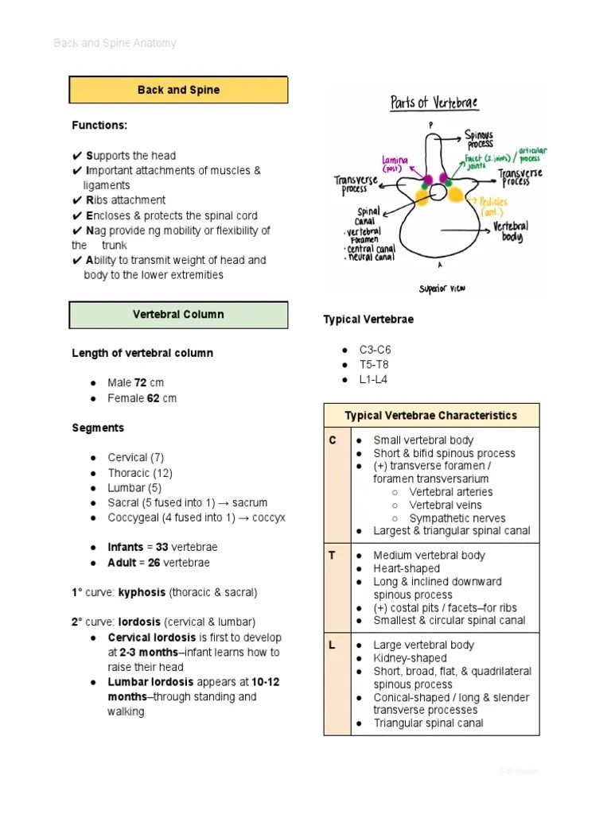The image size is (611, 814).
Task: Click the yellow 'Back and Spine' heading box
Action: pyautogui.click(x=178, y=90)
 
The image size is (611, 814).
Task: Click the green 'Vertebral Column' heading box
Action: pyautogui.click(x=178, y=314)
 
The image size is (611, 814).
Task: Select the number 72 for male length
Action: pyautogui.click(x=141, y=383)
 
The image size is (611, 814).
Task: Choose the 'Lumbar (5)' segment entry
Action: pyautogui.click(x=134, y=488)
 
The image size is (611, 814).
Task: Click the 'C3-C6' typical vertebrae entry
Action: pyautogui.click(x=375, y=350)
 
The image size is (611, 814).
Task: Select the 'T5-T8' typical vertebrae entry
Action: pyautogui.click(x=374, y=365)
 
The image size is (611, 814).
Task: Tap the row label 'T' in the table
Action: pyautogui.click(x=333, y=556)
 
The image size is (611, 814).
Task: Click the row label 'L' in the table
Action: pyautogui.click(x=333, y=645)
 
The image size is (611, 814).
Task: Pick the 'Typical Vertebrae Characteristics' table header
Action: pyautogui.click(x=430, y=416)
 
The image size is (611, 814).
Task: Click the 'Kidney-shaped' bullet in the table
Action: pyautogui.click(x=410, y=658)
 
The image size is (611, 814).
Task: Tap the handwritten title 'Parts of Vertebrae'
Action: pyautogui.click(x=434, y=103)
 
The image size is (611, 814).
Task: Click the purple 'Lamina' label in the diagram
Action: pyautogui.click(x=395, y=164)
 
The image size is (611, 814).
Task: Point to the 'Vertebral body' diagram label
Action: pyautogui.click(x=511, y=231)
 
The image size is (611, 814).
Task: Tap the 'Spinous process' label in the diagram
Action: pyautogui.click(x=479, y=140)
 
